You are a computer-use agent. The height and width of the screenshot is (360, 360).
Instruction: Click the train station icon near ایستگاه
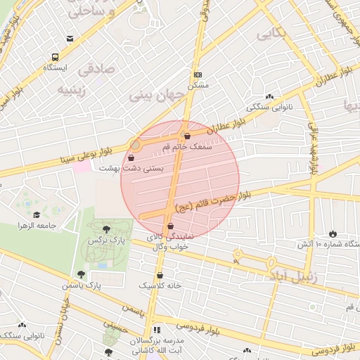point(55,58)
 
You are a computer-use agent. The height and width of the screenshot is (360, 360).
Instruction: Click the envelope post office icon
point(69,39)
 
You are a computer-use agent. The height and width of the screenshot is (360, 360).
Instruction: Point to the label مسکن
point(198,84)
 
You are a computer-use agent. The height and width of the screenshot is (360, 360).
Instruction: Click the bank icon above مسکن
point(198,75)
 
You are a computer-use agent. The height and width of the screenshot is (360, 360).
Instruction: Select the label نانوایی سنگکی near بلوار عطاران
point(270,108)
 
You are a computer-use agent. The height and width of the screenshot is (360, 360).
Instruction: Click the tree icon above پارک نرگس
point(106,229)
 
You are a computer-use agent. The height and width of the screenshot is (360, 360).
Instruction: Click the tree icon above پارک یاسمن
point(81,275)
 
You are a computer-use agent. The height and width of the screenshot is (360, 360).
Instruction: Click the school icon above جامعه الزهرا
point(37,214)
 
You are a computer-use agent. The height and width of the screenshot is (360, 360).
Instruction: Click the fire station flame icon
point(333,233)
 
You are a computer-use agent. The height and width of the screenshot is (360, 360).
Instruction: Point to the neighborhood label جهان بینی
point(158,93)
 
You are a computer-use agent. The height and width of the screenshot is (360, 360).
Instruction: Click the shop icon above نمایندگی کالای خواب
point(171,226)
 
